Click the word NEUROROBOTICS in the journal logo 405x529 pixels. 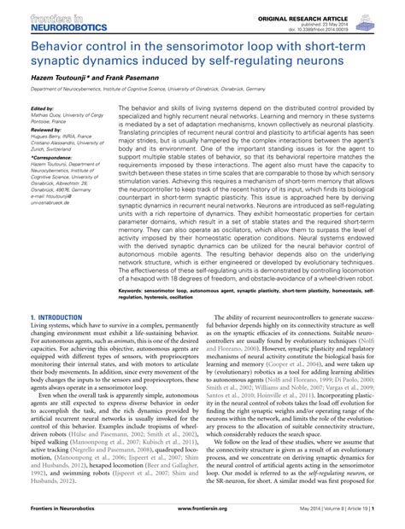(53, 26)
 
